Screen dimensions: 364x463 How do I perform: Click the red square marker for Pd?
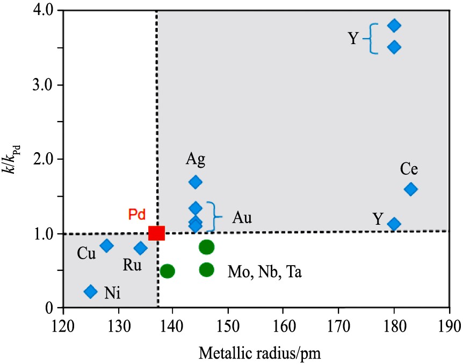click(156, 233)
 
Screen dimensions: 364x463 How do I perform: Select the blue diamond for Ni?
click(91, 291)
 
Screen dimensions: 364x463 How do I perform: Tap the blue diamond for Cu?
click(107, 246)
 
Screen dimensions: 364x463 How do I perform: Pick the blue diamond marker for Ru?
click(141, 248)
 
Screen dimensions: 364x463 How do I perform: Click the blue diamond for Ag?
click(196, 182)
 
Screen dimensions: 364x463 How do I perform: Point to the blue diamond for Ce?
click(411, 189)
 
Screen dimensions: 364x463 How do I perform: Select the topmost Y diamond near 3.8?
click(394, 25)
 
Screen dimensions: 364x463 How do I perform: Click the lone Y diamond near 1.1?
click(394, 224)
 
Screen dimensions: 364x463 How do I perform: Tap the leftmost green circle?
click(167, 270)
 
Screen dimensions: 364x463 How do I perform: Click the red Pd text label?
click(137, 215)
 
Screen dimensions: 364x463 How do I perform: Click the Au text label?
click(242, 217)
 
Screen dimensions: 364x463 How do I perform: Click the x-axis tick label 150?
click(228, 327)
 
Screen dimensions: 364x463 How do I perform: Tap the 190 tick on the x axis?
click(449, 327)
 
